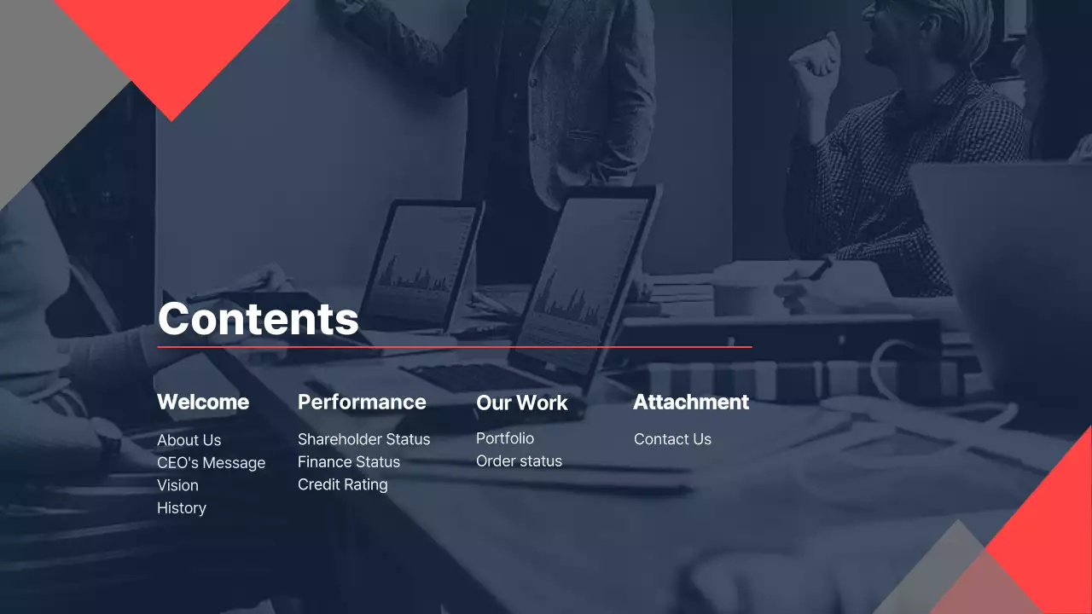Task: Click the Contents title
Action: point(258,318)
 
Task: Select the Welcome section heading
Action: point(203,402)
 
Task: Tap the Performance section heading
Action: point(362,402)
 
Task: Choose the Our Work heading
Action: point(521,403)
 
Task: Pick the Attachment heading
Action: point(691,402)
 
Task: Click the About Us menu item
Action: point(189,440)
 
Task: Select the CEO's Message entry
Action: point(211,462)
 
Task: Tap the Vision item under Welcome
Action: point(177,485)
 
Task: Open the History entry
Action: point(182,507)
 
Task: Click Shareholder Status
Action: point(363,439)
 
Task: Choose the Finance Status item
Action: point(348,461)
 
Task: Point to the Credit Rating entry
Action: point(342,484)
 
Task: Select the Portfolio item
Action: point(505,438)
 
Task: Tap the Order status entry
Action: point(519,460)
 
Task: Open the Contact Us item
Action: point(672,439)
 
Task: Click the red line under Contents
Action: point(455,347)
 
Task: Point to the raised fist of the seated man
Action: point(814,60)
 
